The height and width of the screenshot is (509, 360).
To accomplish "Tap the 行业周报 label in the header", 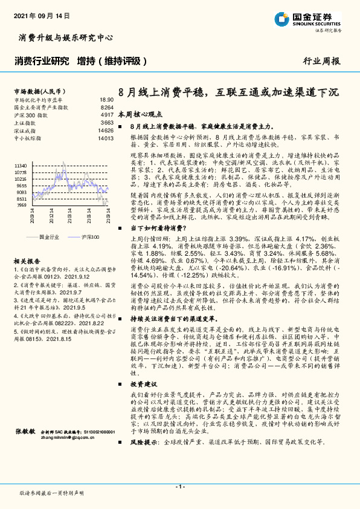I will [321, 61].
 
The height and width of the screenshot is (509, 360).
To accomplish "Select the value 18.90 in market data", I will [106, 99].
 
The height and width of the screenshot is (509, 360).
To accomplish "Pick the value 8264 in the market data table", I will [107, 106].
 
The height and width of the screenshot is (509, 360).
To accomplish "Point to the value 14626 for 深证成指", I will [105, 130].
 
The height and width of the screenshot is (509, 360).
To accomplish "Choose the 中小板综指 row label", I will [28, 138].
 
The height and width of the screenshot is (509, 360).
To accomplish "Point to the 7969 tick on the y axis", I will [21, 206].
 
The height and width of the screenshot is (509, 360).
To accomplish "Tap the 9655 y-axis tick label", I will [21, 186].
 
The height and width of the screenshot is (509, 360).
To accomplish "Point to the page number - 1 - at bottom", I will [179, 487].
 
